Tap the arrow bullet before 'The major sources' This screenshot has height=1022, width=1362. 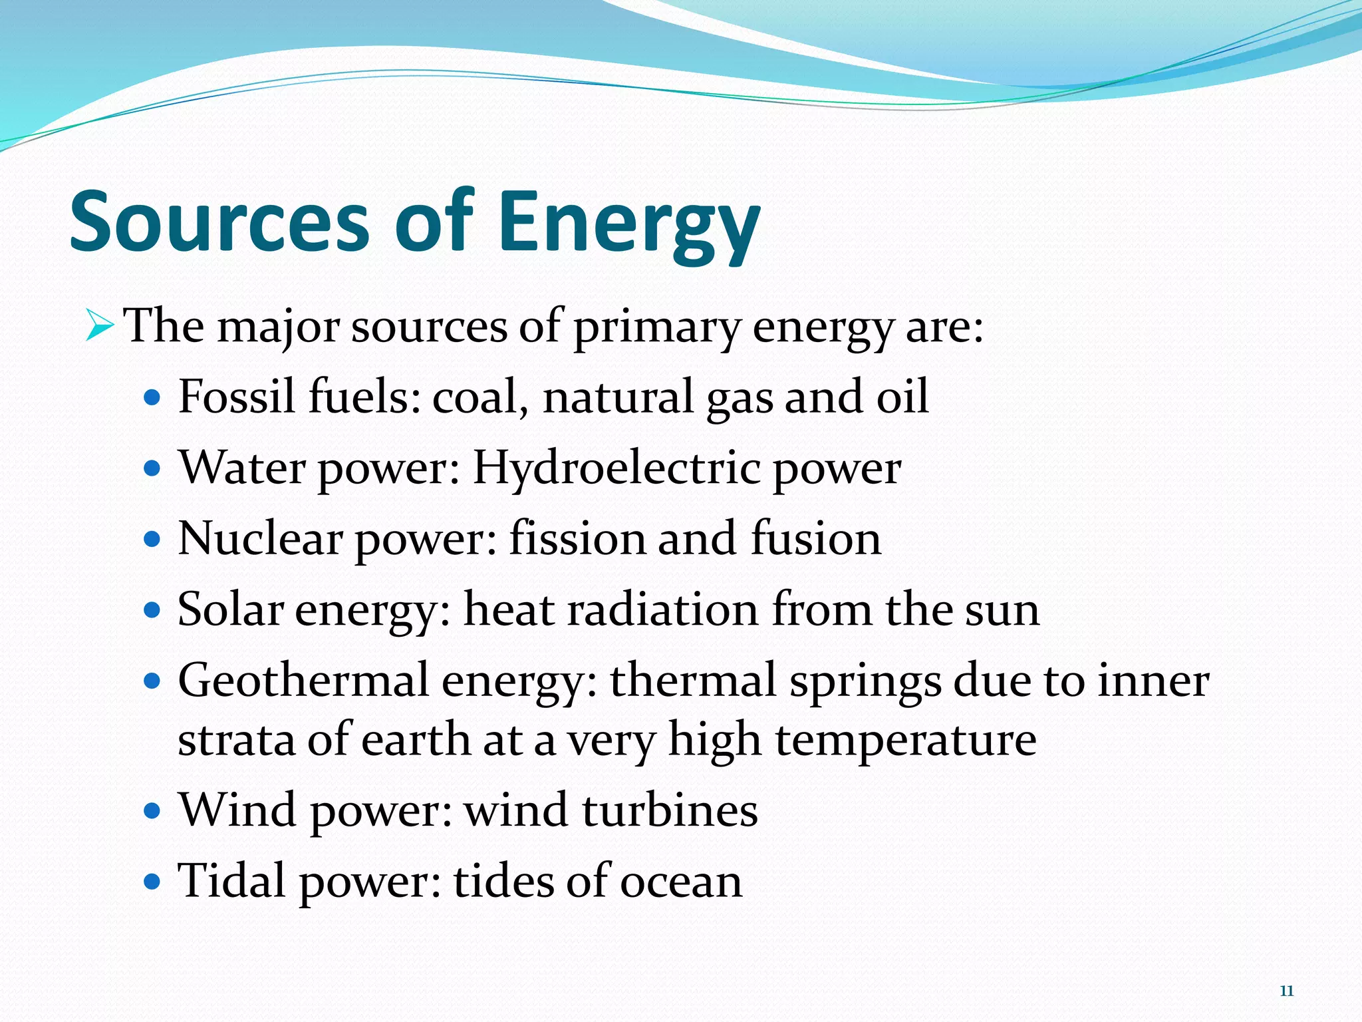pyautogui.click(x=100, y=326)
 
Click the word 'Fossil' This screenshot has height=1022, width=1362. pyautogui.click(x=236, y=397)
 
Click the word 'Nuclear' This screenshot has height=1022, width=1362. pyautogui.click(x=260, y=538)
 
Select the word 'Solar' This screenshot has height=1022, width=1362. pyautogui.click(x=230, y=609)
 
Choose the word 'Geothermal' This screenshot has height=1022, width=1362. pyautogui.click(x=303, y=681)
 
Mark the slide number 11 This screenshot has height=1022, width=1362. pyautogui.click(x=1287, y=991)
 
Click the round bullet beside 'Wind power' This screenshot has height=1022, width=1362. pyautogui.click(x=152, y=811)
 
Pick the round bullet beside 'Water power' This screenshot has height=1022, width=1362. pyautogui.click(x=152, y=468)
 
